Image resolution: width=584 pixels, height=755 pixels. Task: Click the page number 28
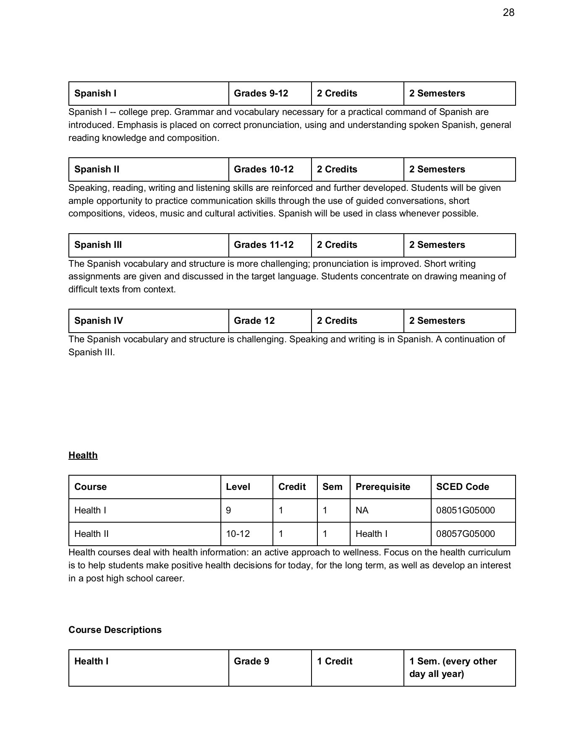coord(508,13)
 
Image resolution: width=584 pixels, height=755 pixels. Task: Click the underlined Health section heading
coord(83,455)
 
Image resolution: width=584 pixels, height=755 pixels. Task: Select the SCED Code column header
coord(462,487)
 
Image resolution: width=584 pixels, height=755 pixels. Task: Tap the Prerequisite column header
coord(382,487)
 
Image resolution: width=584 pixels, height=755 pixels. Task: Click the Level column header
coord(238,487)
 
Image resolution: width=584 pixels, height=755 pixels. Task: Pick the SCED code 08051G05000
coord(465,510)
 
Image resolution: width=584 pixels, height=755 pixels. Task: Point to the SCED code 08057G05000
coord(465,534)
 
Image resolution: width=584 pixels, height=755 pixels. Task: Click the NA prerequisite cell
coord(362,510)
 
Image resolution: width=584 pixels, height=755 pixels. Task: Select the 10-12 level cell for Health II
coord(238,534)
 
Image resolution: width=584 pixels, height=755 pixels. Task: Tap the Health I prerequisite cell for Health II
coord(372,534)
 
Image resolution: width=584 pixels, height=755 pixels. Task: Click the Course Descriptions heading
coord(115,630)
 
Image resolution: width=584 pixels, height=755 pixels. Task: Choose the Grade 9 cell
coord(251,661)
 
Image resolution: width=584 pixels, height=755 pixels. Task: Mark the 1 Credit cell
coord(335,661)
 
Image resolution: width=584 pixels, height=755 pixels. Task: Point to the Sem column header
coord(332,487)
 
